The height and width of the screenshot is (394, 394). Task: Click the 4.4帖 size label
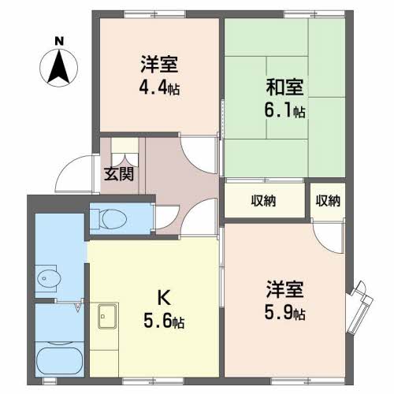click(x=160, y=88)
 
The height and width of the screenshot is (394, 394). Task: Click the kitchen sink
click(x=106, y=316)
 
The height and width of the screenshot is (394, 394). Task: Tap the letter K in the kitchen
click(x=164, y=297)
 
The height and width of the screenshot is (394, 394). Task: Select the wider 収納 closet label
click(x=264, y=200)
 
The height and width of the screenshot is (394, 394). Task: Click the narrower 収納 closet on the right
click(x=328, y=200)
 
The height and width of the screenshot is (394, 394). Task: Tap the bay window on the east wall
click(x=361, y=303)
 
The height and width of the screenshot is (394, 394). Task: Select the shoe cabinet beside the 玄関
click(x=125, y=149)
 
